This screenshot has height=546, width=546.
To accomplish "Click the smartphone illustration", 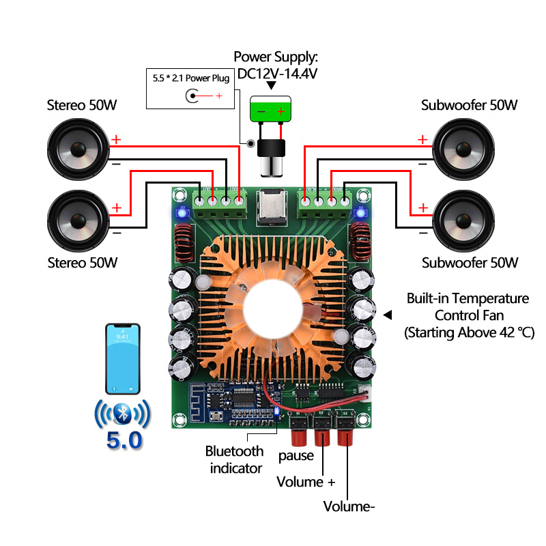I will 122,358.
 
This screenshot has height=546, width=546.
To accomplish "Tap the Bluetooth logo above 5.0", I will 122,414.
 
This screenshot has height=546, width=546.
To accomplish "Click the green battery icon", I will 271,109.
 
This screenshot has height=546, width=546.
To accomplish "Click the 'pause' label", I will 296,455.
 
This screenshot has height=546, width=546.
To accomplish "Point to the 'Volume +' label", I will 306,482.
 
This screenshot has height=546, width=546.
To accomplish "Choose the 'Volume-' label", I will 349,506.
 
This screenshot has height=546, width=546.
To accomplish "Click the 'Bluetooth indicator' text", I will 235,459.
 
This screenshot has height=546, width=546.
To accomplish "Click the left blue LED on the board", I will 182,212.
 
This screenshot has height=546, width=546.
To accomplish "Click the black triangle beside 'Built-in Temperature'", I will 388,315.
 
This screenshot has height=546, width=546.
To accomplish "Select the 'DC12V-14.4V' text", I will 277,73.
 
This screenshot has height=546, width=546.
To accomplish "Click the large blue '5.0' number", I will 124,440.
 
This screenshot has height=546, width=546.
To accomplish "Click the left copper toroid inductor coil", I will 183,242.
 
